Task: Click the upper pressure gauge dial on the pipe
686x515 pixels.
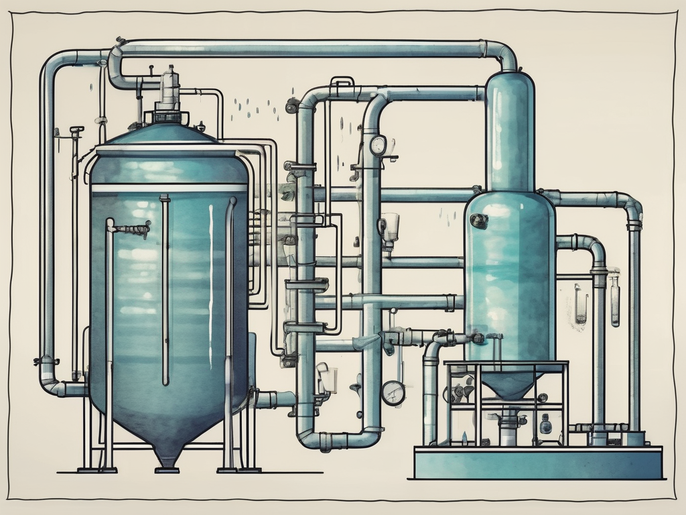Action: pos(378,145)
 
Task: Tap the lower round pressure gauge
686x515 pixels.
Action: pos(393,392)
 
